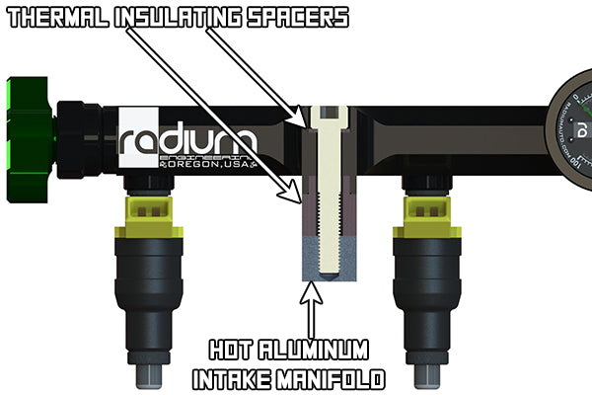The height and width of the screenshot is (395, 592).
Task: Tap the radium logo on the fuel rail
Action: (x=188, y=143)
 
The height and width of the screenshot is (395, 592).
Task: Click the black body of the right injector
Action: (x=427, y=296)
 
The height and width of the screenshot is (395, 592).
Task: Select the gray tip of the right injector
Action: (x=427, y=373)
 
